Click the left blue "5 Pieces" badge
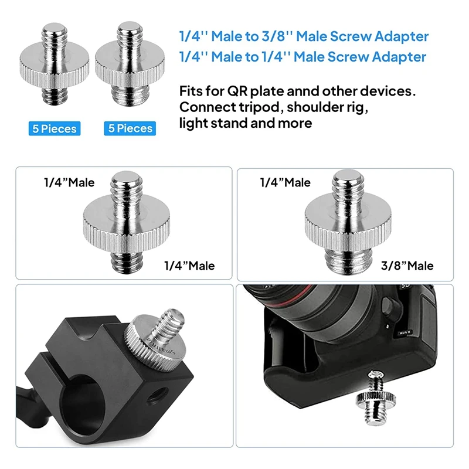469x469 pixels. (55, 128)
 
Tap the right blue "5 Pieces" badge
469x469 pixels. (130, 128)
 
